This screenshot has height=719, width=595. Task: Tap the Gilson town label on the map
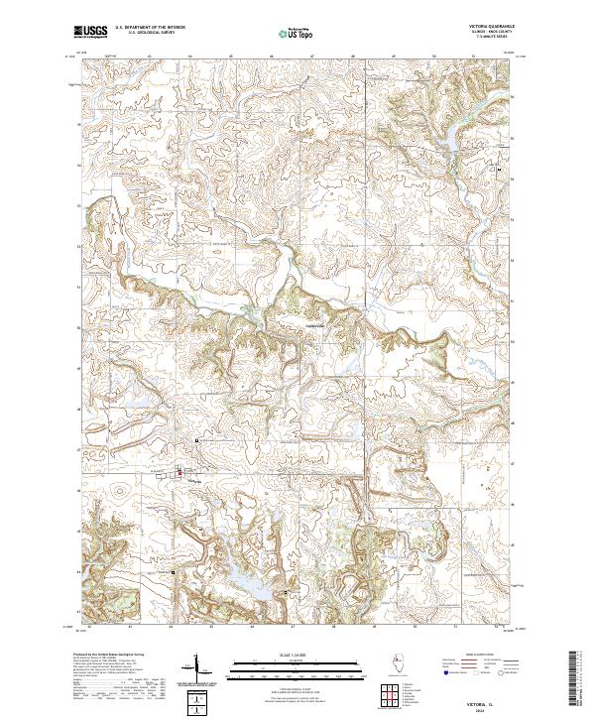pos(314,319)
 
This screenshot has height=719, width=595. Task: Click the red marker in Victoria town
pos(178,473)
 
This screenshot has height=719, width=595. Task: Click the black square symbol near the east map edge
pos(513,170)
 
